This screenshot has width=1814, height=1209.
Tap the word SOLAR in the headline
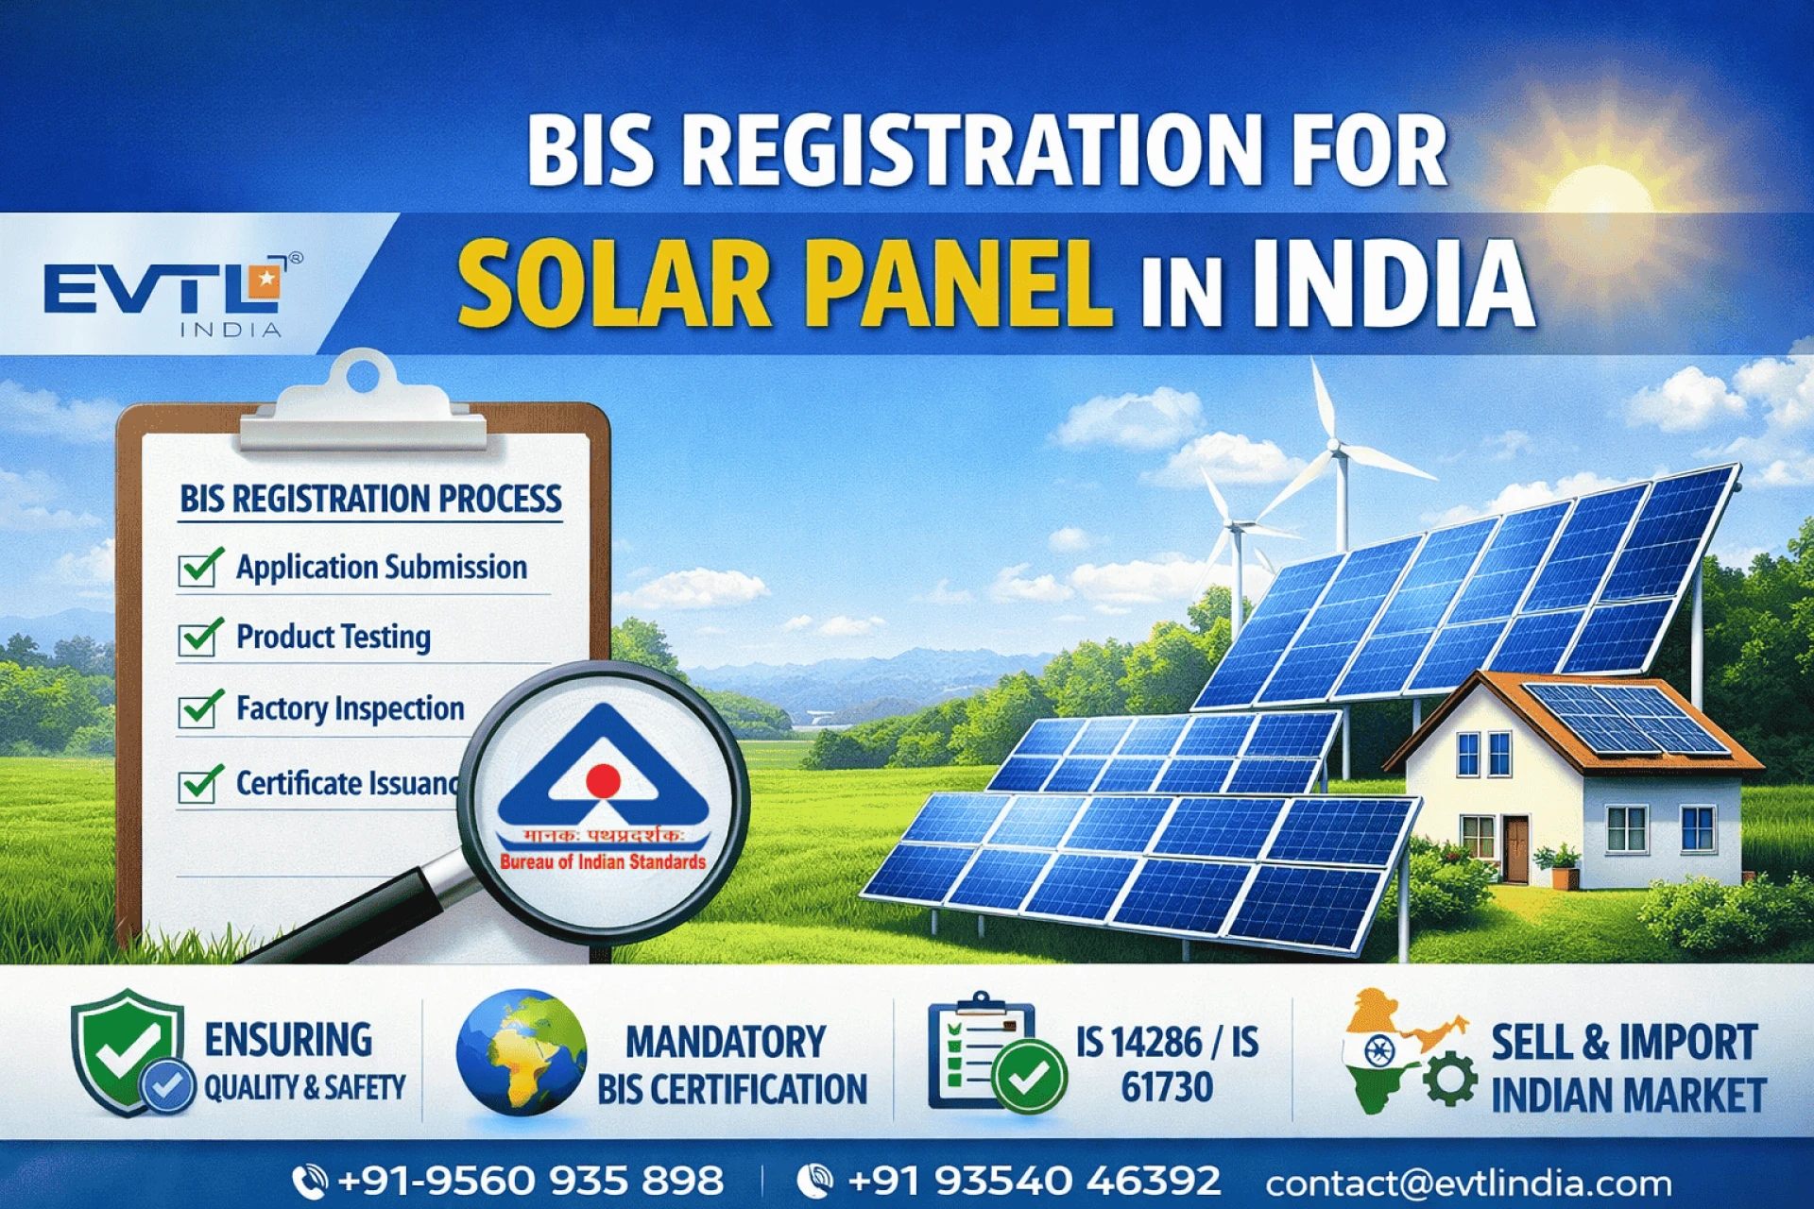[x=614, y=283]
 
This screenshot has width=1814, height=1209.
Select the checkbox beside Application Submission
[x=199, y=568]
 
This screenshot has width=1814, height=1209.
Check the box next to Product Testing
[x=199, y=638]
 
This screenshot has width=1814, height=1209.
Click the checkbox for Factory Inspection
[x=199, y=709]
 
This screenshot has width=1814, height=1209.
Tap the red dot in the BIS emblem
[x=603, y=780]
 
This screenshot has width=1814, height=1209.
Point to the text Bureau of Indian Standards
[x=603, y=861]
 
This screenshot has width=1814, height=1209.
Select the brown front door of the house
[x=1515, y=848]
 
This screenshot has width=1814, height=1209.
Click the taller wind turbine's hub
[x=1335, y=445]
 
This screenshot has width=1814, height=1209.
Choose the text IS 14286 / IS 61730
[x=1168, y=1064]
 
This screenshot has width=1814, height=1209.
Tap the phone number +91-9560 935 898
[x=530, y=1181]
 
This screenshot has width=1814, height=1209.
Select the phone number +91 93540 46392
[x=1034, y=1181]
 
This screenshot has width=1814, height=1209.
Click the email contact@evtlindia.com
[x=1468, y=1183]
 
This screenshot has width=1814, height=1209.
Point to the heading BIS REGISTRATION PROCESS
[x=370, y=499]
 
